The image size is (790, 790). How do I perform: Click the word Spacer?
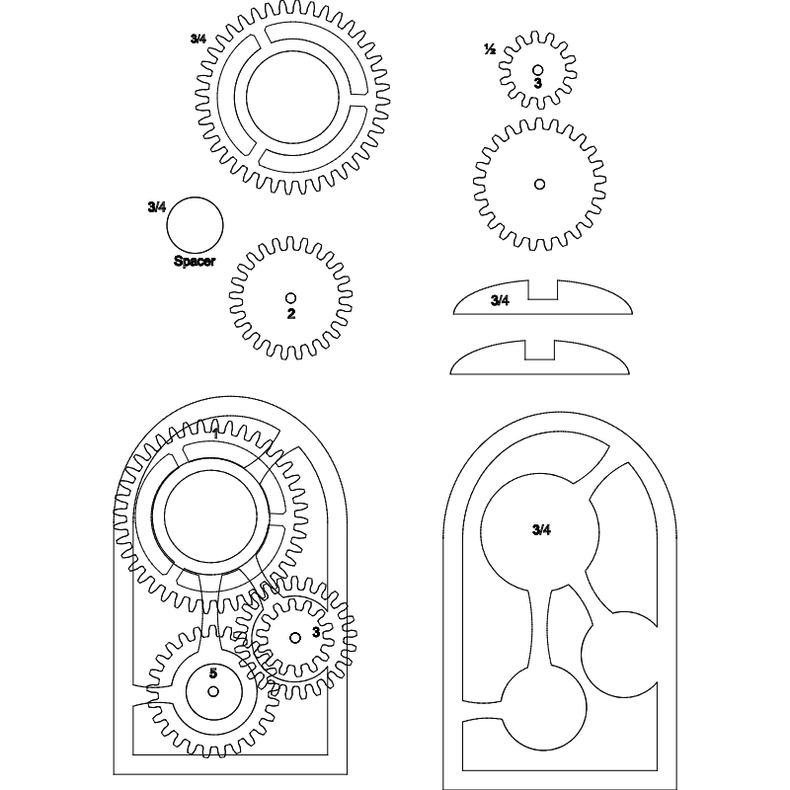[195, 262]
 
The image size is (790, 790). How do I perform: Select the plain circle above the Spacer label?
[195, 224]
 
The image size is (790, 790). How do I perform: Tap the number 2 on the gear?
[290, 314]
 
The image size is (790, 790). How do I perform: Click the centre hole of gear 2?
[290, 297]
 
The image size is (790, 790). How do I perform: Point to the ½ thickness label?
[489, 48]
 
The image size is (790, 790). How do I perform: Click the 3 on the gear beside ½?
[537, 84]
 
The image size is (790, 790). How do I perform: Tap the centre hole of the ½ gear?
[537, 70]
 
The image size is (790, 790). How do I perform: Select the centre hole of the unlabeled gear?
[539, 184]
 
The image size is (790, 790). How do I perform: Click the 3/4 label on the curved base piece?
[500, 300]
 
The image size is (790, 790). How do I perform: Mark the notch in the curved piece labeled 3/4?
[541, 289]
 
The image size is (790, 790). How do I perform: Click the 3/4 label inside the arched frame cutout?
[540, 530]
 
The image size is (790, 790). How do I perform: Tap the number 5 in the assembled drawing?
[213, 672]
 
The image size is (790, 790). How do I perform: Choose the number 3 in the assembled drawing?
[315, 632]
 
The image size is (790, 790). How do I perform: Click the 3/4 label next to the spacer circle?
[156, 206]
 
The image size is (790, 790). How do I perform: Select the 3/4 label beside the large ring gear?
[198, 39]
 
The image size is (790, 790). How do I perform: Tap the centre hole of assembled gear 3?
[294, 638]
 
